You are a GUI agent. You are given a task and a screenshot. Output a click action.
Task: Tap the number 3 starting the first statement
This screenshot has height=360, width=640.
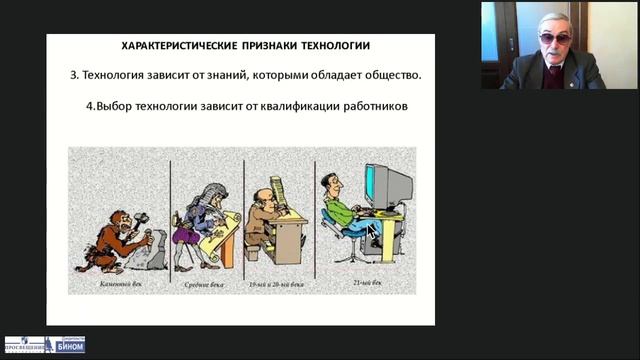tap(74, 75)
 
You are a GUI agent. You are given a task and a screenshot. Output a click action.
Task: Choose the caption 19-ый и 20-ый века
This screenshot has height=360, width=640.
tap(278, 285)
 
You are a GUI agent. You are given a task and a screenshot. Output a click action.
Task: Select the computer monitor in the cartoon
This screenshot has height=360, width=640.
tap(388, 185)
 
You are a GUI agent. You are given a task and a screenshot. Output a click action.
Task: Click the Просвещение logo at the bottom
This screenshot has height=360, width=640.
tap(26, 345)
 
